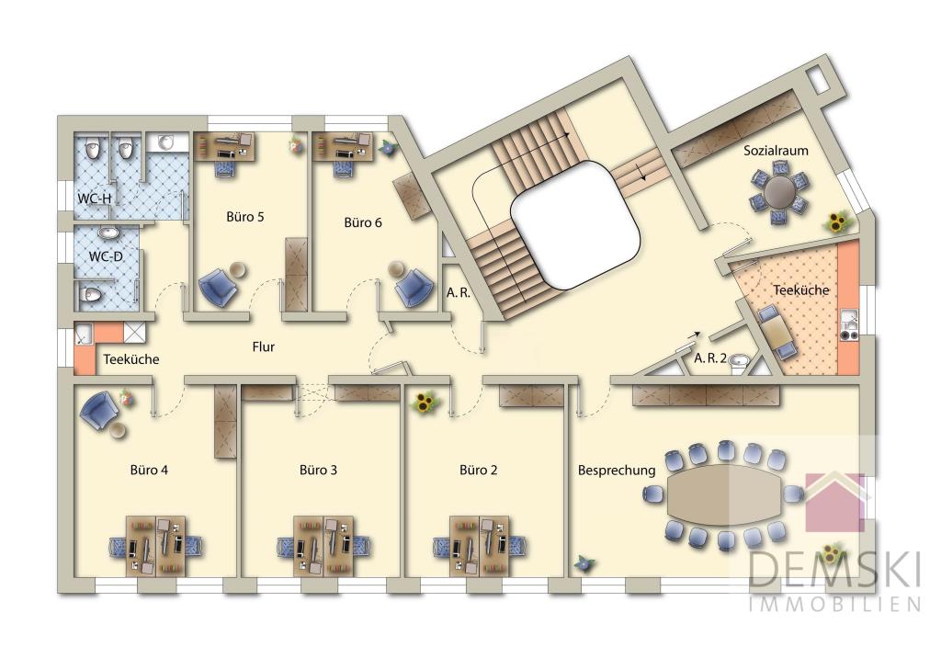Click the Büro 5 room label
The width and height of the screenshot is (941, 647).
244,217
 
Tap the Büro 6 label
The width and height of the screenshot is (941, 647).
362,222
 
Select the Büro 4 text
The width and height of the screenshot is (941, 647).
149,470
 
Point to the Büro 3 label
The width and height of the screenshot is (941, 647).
318,470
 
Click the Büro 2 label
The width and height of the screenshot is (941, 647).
478,470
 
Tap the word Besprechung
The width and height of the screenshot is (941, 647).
617,471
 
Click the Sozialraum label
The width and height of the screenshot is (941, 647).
776,151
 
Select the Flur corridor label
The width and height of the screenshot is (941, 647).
264,346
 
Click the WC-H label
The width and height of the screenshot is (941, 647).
95,199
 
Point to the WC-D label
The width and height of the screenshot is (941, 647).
106,257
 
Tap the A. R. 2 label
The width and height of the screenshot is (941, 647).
710,359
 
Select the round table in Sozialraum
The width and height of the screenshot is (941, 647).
780,192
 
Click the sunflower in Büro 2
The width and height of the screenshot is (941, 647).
425,403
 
